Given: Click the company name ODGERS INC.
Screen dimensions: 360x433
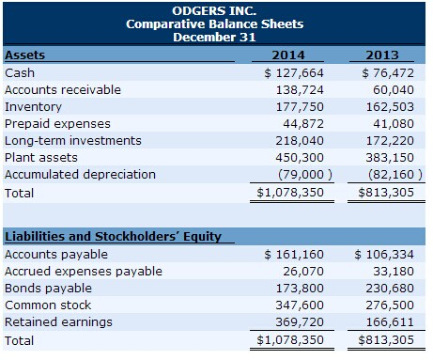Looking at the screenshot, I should click(x=216, y=9).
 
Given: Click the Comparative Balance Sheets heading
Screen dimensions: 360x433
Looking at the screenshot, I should click(x=216, y=23).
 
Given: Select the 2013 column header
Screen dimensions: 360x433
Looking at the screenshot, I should click(x=387, y=55).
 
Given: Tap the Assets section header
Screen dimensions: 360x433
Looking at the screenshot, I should click(x=24, y=55).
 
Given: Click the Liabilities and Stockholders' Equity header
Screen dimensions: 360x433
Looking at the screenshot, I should click(x=113, y=236).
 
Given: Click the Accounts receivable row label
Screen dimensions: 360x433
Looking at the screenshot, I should click(x=63, y=89).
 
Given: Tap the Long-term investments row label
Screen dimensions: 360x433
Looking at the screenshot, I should click(x=73, y=140).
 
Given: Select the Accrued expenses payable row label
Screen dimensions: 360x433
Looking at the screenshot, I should click(x=84, y=271).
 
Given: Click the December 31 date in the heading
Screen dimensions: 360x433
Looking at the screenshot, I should click(x=216, y=38).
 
